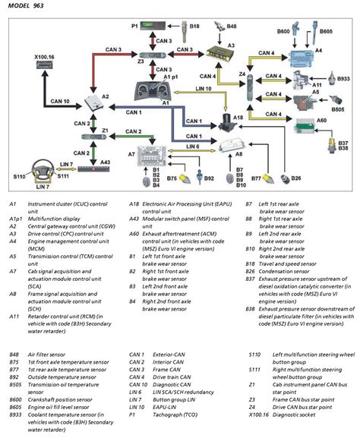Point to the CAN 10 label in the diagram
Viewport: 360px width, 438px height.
point(39,102)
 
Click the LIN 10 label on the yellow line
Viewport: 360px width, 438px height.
point(182,90)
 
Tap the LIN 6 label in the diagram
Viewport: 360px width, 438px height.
point(192,146)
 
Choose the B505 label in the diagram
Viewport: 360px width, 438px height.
point(339,109)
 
